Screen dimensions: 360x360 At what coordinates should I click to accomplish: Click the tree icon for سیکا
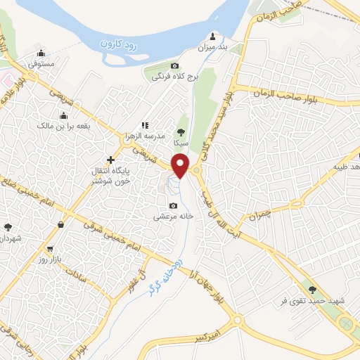click(x=181, y=131)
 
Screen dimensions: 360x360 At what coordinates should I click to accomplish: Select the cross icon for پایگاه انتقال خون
click(x=110, y=160)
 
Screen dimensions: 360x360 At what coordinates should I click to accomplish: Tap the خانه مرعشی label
click(x=173, y=217)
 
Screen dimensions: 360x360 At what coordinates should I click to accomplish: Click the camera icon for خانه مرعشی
click(x=173, y=205)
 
